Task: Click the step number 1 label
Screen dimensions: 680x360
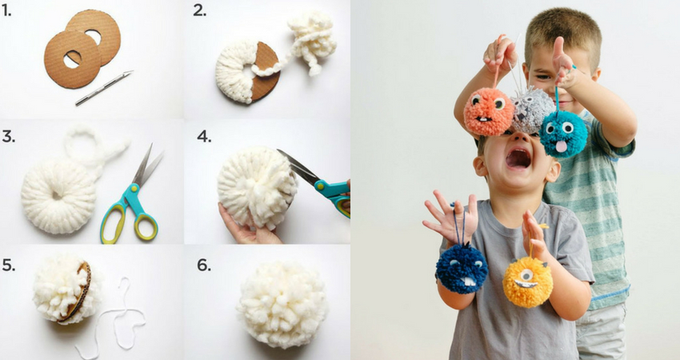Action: point(6,11)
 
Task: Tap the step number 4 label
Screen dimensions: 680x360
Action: point(204,136)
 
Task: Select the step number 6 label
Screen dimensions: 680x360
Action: point(204,265)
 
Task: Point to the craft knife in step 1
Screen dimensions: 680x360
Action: point(104,88)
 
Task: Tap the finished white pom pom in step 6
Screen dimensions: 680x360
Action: point(282,305)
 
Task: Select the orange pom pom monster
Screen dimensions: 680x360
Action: point(489,112)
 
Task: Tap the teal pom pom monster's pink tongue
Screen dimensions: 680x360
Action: point(561,146)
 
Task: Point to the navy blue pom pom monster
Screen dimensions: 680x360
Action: point(462,268)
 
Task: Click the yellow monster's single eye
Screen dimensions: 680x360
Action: point(526,274)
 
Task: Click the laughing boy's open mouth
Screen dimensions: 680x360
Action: point(518,158)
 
